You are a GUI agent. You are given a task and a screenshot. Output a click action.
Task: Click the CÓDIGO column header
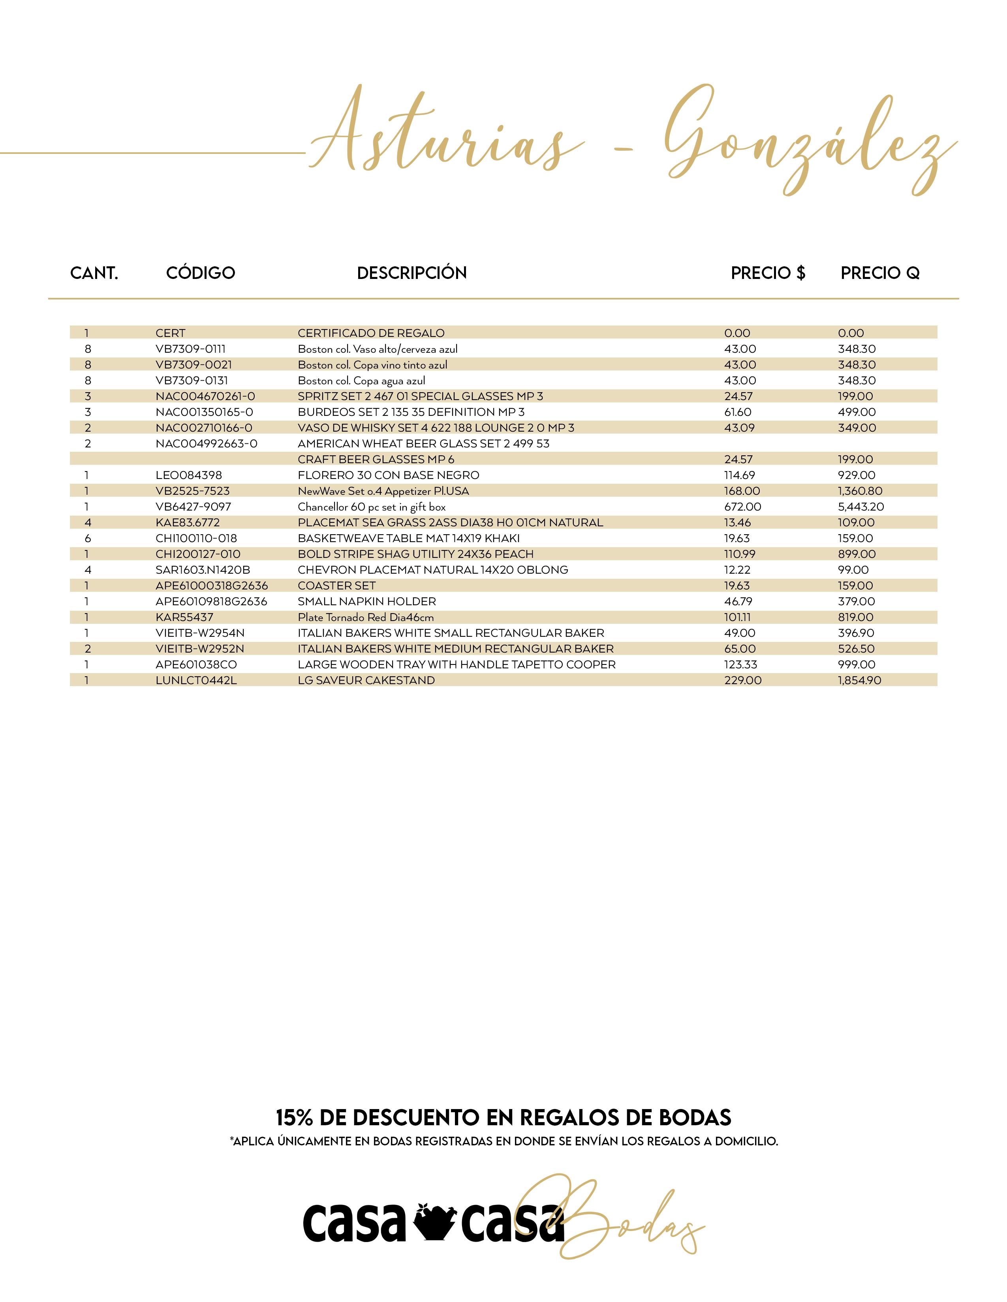[201, 273]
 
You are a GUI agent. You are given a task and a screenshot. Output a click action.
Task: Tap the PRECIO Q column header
[880, 273]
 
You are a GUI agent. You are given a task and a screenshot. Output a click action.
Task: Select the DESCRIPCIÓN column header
[411, 273]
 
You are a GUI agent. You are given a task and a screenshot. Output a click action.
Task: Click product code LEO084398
[188, 475]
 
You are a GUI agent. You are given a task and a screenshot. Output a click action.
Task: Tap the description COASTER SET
[336, 586]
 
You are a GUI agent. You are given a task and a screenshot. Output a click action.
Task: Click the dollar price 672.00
[743, 507]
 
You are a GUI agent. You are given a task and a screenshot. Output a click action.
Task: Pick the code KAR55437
[184, 617]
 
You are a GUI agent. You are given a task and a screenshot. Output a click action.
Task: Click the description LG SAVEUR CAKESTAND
[366, 680]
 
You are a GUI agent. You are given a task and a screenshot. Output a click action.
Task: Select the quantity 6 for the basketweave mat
[88, 538]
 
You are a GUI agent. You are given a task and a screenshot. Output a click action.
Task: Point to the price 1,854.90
[859, 680]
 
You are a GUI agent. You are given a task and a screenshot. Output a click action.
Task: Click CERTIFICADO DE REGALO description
[371, 333]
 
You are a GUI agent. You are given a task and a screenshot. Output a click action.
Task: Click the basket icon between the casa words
[434, 1221]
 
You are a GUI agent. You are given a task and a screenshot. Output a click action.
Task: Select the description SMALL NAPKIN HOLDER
[367, 602]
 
